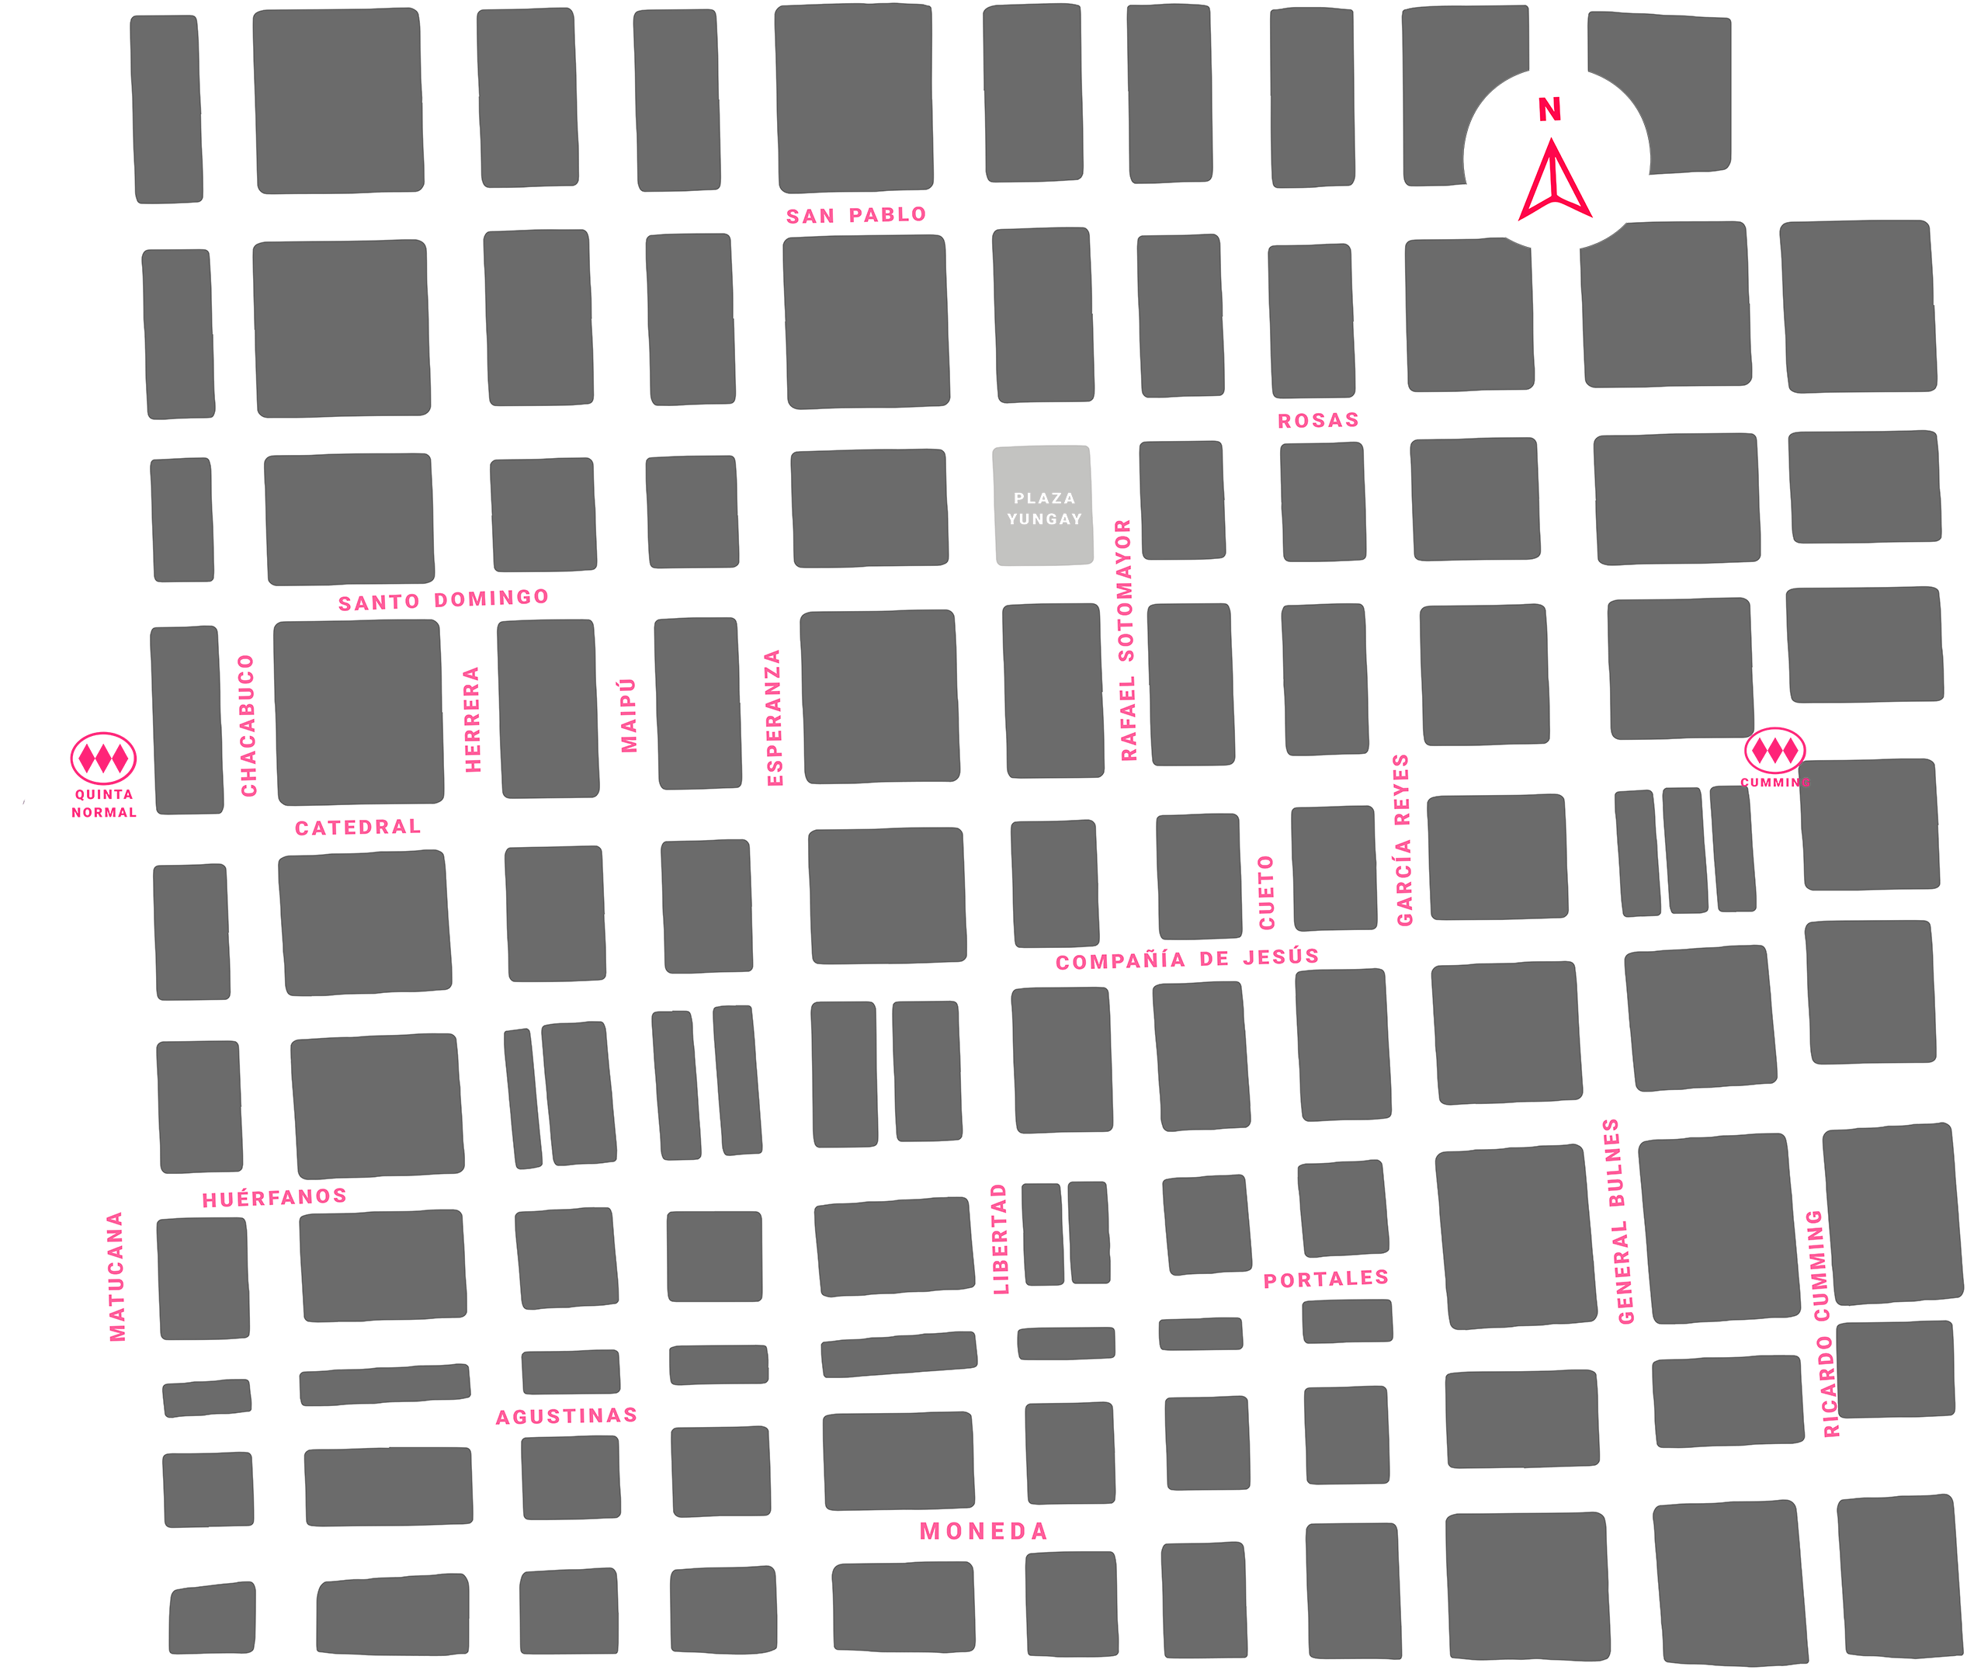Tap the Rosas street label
click(x=1317, y=420)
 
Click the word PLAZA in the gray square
click(x=1044, y=498)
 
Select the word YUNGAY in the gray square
click(x=1044, y=519)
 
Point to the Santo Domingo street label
click(x=445, y=599)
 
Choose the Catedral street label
click(x=352, y=828)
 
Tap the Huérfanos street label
click(x=272, y=1196)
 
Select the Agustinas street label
click(x=566, y=1416)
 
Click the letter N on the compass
click(x=1549, y=111)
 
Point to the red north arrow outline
click(x=1553, y=182)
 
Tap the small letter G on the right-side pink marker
click(x=1805, y=783)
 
